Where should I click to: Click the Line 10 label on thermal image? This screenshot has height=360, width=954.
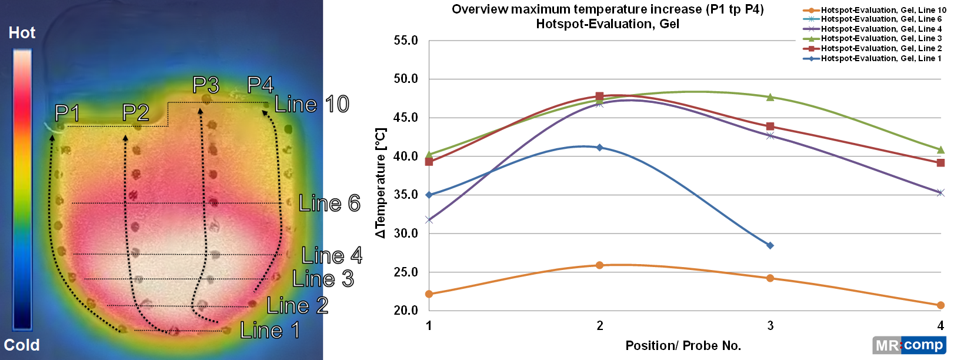(312, 105)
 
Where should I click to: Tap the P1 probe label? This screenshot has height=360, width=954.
(66, 112)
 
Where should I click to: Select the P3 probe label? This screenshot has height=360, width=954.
(206, 85)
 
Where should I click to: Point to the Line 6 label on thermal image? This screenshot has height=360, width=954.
(329, 204)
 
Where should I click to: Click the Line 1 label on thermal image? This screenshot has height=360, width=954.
(270, 330)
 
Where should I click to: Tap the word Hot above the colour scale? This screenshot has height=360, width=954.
(22, 33)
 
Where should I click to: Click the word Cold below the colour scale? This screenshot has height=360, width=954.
(22, 345)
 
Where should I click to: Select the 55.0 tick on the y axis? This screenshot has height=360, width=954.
(406, 41)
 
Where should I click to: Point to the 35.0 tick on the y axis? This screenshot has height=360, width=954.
(406, 195)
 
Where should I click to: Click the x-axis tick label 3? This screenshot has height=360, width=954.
(770, 325)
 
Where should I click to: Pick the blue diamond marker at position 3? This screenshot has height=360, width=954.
(770, 245)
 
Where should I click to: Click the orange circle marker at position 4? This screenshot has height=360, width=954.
(940, 305)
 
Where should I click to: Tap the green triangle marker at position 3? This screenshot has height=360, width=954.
(770, 97)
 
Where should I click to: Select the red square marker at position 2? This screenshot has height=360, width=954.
(599, 96)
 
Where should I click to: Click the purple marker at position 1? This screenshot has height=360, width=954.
(429, 220)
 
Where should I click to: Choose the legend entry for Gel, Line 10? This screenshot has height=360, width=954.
(875, 10)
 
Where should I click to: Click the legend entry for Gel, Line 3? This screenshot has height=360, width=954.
(875, 39)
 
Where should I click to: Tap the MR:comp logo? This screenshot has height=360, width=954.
(909, 345)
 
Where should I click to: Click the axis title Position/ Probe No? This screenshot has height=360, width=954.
(683, 346)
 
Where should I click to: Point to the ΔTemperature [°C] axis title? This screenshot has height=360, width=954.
(381, 183)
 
